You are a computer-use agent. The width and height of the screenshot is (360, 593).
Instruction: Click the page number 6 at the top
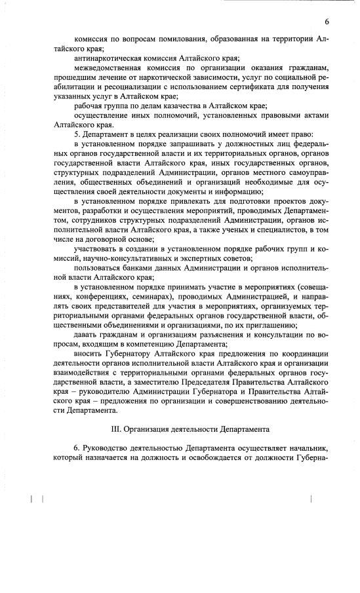326,22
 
